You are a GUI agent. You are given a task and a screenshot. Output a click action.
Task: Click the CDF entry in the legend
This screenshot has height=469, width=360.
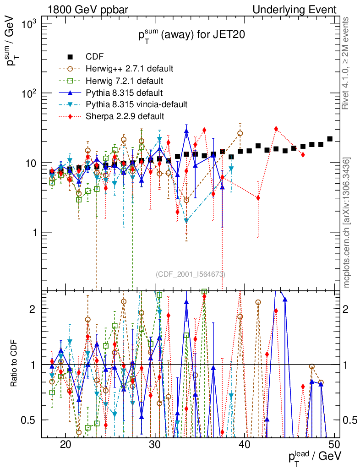click(x=94, y=57)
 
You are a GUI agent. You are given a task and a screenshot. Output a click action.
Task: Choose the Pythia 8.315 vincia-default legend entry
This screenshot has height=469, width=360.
click(x=136, y=104)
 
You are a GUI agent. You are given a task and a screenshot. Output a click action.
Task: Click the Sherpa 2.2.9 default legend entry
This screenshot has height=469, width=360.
click(x=125, y=116)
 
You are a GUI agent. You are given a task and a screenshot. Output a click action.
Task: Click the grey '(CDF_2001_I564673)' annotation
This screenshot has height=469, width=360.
click(x=190, y=274)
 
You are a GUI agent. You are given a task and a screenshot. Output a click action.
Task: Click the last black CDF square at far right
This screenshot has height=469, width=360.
click(x=330, y=139)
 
